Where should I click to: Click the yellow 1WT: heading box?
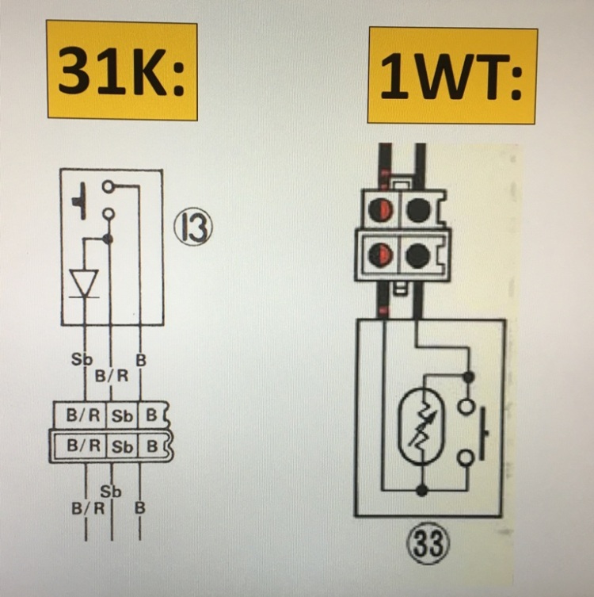[451, 76]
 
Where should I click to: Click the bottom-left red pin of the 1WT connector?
[383, 254]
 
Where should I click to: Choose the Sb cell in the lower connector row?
[123, 444]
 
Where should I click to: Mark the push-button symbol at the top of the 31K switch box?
[80, 200]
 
